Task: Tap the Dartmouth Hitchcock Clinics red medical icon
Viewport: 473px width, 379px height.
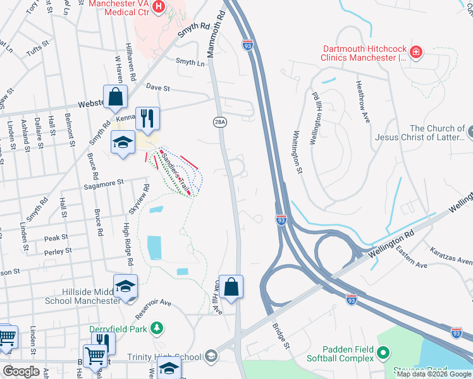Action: point(416,51)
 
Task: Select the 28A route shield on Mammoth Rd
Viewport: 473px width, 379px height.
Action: point(219,122)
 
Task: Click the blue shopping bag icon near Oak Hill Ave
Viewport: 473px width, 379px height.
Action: point(231,287)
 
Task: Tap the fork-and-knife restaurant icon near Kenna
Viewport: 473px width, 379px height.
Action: point(147,117)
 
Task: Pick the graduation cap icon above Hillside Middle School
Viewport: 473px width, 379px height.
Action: point(125,287)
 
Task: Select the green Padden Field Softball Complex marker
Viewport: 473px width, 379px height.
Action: point(383,352)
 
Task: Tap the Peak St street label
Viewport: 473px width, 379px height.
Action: point(56,238)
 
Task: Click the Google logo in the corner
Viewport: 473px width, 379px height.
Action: point(21,371)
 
